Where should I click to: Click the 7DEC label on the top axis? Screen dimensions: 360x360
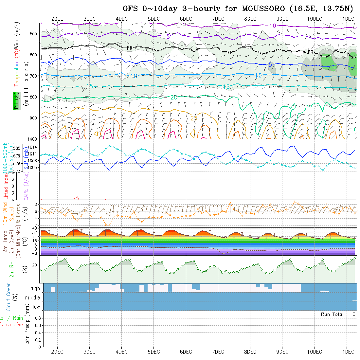pos(218,19)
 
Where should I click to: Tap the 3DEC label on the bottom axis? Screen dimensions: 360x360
pos(89,352)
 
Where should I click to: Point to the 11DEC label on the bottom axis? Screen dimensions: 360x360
pos(347,352)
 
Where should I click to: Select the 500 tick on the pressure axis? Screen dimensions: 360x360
pos(34,33)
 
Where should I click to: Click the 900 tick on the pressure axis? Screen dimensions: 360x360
pos(34,118)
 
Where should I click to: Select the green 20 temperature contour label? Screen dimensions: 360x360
pos(174,97)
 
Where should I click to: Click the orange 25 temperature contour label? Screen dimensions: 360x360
pos(194,118)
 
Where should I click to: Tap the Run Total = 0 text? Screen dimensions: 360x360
pos(338,314)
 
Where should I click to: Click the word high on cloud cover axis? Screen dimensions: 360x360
pos(35,288)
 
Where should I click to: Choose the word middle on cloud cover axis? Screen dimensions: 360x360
pos(32,297)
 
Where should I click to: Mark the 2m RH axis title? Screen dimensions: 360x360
pos(11,269)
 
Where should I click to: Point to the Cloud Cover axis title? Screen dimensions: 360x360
pos(9,297)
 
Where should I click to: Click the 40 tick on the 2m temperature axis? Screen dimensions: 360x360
pos(34,228)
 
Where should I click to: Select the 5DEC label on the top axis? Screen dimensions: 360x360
pos(153,19)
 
